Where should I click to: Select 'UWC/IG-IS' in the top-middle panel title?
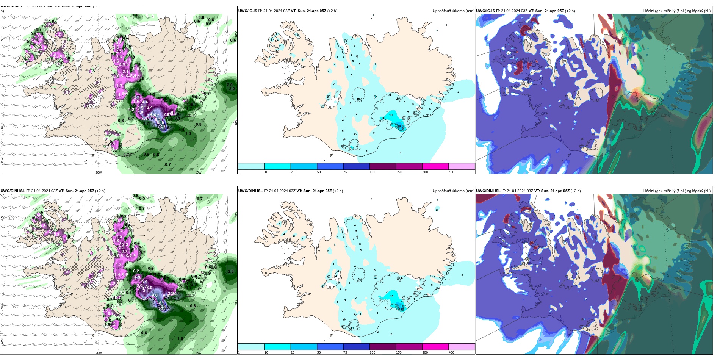click(x=247, y=11)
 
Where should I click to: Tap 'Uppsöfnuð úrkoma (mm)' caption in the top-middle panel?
click(x=453, y=11)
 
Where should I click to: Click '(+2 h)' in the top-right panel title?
click(x=570, y=11)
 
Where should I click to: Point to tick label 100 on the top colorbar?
click(x=373, y=172)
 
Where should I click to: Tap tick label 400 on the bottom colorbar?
click(x=451, y=352)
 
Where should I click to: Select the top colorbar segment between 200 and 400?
click(x=462, y=166)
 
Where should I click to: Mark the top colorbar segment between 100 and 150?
click(x=383, y=166)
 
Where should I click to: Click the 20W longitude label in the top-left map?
click(x=99, y=172)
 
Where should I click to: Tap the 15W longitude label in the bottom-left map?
click(x=198, y=353)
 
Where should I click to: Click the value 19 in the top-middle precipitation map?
click(x=391, y=115)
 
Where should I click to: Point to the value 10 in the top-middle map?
click(x=358, y=99)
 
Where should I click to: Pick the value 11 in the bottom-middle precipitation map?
click(x=352, y=327)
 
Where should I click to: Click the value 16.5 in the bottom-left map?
click(x=161, y=303)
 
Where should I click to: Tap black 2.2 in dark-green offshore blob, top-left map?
click(x=232, y=89)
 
